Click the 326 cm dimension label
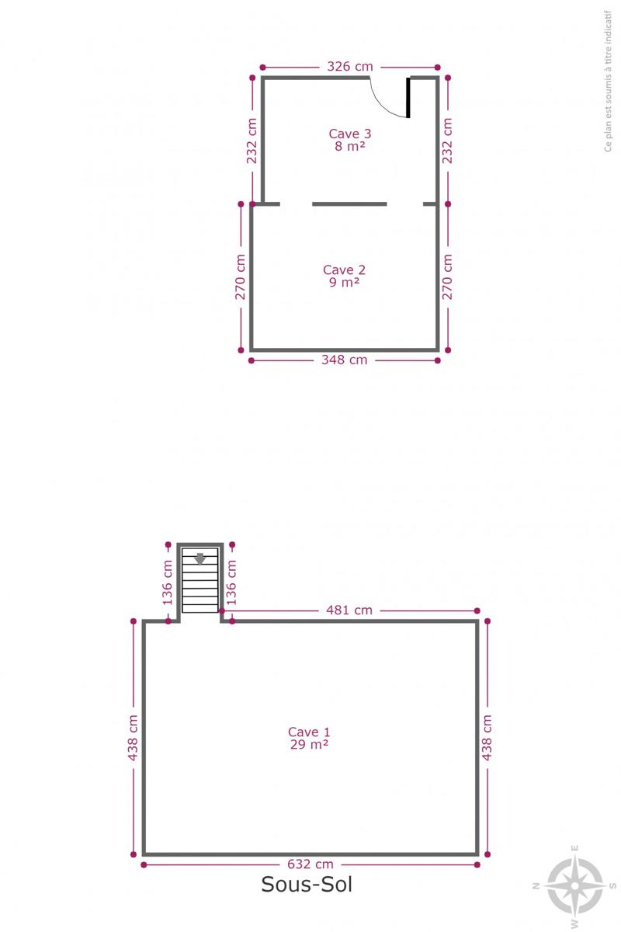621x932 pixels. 350,67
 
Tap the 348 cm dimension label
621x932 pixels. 345,360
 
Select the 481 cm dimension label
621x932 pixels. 349,610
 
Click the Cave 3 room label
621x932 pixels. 350,134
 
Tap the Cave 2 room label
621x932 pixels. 345,270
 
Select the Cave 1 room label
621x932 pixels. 309,732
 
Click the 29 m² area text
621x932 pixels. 309,744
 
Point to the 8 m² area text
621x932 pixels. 350,146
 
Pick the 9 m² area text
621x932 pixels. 345,282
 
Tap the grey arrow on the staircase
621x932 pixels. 200,558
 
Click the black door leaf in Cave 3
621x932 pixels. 408,98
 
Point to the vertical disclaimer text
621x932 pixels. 608,81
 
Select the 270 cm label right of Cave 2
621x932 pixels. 447,277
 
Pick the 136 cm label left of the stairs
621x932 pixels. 167,582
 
